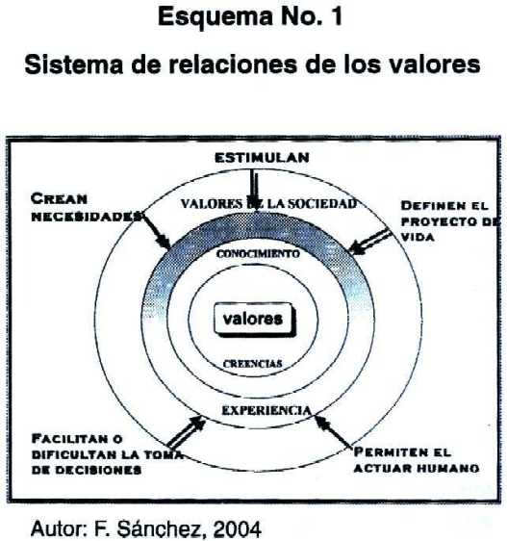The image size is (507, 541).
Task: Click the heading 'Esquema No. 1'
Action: pos(250,16)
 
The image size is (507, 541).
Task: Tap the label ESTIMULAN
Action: pos(262,158)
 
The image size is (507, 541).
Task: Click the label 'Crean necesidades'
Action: pos(87,207)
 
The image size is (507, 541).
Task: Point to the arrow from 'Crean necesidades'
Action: pos(156,231)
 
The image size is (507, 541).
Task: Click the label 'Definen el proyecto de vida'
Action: pos(450,221)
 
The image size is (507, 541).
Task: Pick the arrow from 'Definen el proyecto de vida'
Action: pos(370,243)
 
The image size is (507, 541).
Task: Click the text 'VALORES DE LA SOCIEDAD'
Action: pos(268,203)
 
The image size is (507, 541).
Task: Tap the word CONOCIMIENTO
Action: pos(258,253)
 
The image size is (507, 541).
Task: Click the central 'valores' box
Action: pos(255,320)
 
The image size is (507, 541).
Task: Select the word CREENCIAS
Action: pos(253,364)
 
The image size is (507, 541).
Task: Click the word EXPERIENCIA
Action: pos(266,410)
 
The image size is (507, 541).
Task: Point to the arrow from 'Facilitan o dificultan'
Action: pos(186,431)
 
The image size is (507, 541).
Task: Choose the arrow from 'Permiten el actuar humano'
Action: pos(333,431)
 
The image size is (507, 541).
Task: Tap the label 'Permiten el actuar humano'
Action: pos(417,460)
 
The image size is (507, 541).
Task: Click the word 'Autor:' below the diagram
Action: pos(60,528)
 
